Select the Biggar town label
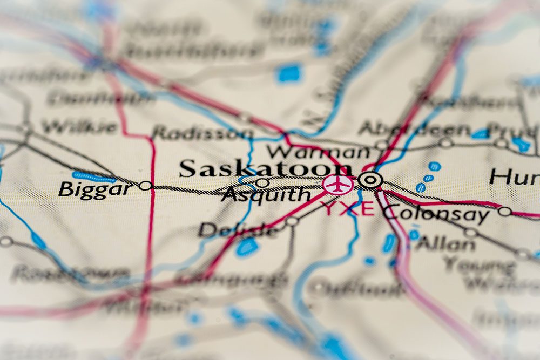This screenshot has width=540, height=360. pyautogui.click(x=95, y=189)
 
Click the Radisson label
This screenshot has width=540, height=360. pyautogui.click(x=201, y=133)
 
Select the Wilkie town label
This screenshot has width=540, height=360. pyautogui.click(x=79, y=127)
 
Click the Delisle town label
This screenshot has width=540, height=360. pyautogui.click(x=238, y=230)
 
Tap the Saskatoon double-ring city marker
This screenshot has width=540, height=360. pyautogui.click(x=370, y=180)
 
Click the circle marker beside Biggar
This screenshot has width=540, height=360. pyautogui.click(x=145, y=186)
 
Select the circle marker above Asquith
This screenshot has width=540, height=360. pyautogui.click(x=262, y=182)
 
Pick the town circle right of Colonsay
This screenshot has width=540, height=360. pyautogui.click(x=504, y=211)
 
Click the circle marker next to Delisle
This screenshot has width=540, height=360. pyautogui.click(x=292, y=221)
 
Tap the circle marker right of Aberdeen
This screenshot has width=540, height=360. pyautogui.click(x=446, y=142)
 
